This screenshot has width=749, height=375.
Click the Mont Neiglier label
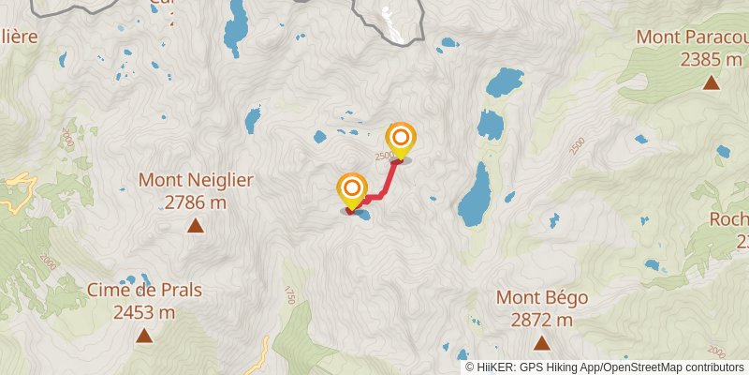(195, 178)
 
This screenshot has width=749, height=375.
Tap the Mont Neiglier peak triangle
(195, 225)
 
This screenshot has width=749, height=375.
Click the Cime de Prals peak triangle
(143, 336)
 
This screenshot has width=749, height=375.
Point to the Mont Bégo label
(542, 298)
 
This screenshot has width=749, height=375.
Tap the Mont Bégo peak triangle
(542, 343)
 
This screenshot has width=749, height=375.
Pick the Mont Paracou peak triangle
(712, 82)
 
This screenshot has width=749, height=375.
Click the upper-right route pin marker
(401, 141)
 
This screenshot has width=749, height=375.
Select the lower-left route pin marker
(352, 190)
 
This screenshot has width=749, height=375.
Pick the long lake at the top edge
(234, 26)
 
